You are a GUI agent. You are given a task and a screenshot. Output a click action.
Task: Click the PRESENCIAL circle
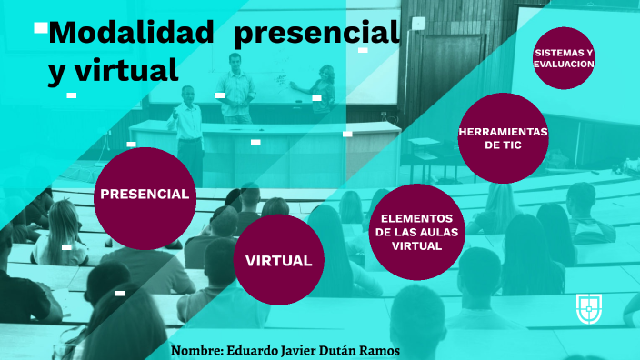pos(145,194)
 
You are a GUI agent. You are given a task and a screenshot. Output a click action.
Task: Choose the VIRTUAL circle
pos(278,260)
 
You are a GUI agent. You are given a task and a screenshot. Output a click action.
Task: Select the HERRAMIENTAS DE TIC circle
pos(503,137)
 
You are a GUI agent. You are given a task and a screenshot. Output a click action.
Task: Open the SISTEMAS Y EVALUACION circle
pos(564,58)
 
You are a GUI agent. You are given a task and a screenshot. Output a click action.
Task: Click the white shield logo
pos(589,308)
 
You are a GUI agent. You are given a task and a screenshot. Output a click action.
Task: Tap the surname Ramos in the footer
pos(380,351)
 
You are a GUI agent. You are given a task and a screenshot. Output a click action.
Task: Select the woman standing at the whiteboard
pos(325,91)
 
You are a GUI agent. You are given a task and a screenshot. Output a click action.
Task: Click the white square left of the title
pos(41,27)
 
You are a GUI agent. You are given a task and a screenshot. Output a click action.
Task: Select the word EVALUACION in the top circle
pos(565,65)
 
